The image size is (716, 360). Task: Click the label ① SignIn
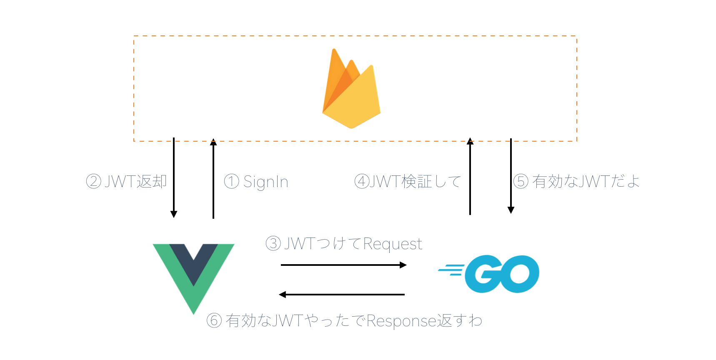click(x=256, y=182)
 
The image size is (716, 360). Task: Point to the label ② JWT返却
click(x=126, y=181)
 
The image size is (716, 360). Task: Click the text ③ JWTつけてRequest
click(x=344, y=243)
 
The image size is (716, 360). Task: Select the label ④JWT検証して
click(x=407, y=181)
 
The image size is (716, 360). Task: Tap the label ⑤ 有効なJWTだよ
click(x=576, y=181)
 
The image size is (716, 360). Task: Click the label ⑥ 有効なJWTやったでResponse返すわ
click(x=344, y=320)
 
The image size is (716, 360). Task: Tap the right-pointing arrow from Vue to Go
click(x=343, y=265)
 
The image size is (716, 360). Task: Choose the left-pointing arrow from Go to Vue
click(x=342, y=295)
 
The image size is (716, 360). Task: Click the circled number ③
click(x=273, y=243)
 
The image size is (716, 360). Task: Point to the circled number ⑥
click(x=214, y=320)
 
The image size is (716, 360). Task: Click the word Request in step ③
click(x=393, y=244)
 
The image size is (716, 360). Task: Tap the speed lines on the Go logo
click(x=451, y=270)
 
